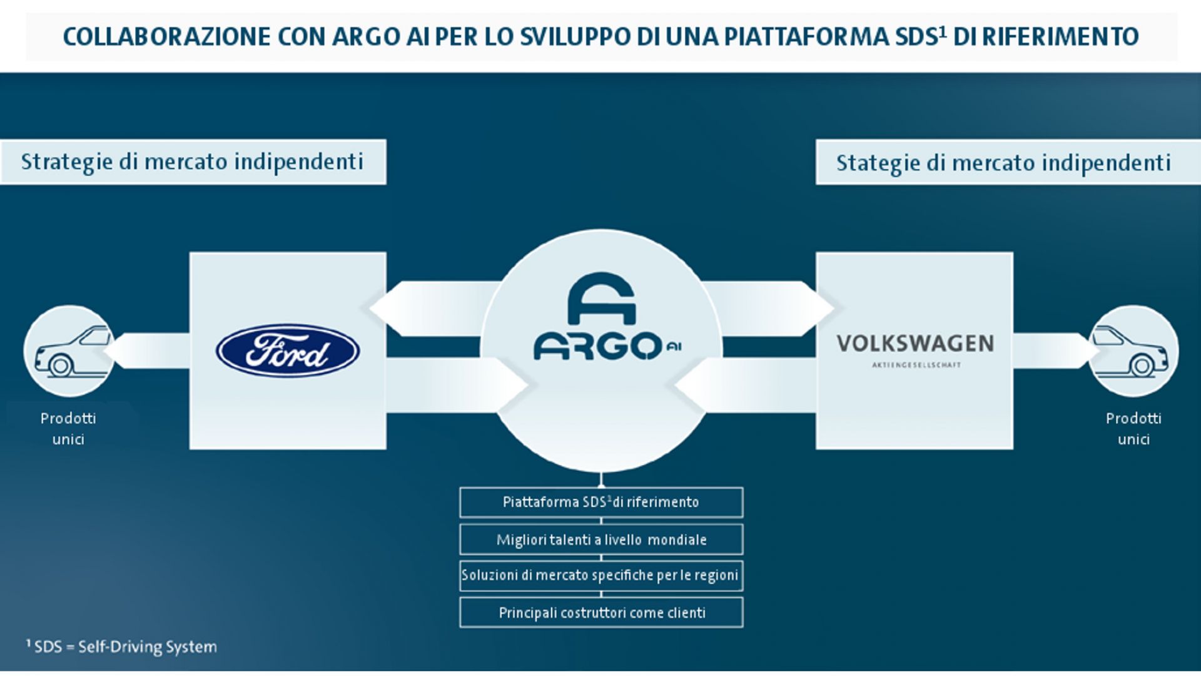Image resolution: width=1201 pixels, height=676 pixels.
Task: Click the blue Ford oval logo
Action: [288, 351]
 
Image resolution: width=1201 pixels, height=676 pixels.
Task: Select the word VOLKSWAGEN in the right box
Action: [915, 344]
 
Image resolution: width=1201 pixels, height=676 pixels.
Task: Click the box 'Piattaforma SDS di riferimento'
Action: [601, 502]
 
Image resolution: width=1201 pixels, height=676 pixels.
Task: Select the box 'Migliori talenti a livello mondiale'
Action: [601, 540]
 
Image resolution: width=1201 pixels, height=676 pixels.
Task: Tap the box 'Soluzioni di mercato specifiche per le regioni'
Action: [601, 576]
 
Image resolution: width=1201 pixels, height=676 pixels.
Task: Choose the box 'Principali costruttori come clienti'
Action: [601, 613]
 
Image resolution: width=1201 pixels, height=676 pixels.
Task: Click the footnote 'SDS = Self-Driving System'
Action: [121, 647]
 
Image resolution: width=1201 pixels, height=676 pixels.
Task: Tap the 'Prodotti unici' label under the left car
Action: [68, 429]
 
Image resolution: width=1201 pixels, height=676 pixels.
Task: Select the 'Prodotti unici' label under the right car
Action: [1133, 429]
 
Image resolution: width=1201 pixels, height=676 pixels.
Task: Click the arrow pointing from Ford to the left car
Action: [147, 351]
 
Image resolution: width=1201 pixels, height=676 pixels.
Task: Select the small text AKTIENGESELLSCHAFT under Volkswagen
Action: [916, 365]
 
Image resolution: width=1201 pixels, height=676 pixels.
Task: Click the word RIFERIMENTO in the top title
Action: [1060, 37]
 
